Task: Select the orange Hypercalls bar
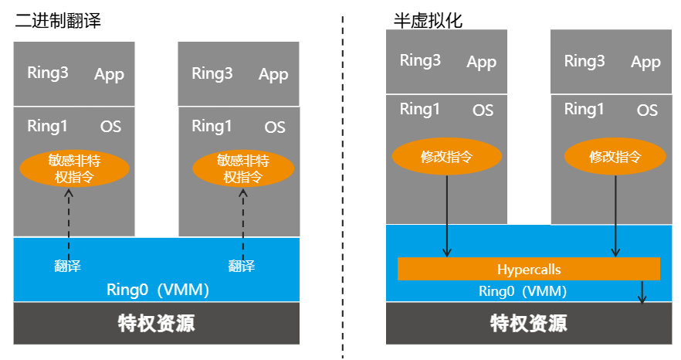click(529, 270)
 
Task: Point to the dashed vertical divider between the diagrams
click(343, 185)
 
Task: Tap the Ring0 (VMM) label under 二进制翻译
click(158, 290)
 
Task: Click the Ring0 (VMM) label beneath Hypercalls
click(523, 291)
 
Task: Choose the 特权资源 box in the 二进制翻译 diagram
click(157, 323)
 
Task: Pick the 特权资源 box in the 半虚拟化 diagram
click(529, 323)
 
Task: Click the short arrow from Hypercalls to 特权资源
click(642, 292)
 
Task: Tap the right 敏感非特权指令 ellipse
click(242, 168)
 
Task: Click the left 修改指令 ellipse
click(446, 157)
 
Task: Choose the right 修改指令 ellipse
click(615, 157)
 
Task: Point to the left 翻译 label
click(68, 267)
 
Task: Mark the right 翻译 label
click(242, 267)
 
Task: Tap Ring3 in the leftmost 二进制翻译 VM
click(48, 73)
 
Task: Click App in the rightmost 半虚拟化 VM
click(645, 62)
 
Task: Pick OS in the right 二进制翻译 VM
click(275, 127)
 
